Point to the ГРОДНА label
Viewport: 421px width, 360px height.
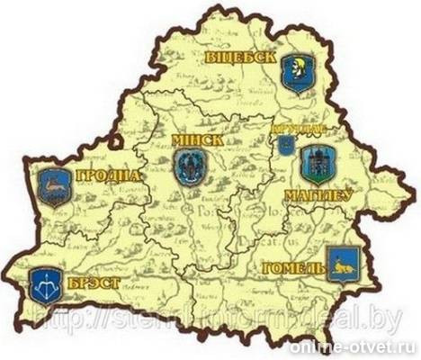tap(108, 175)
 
